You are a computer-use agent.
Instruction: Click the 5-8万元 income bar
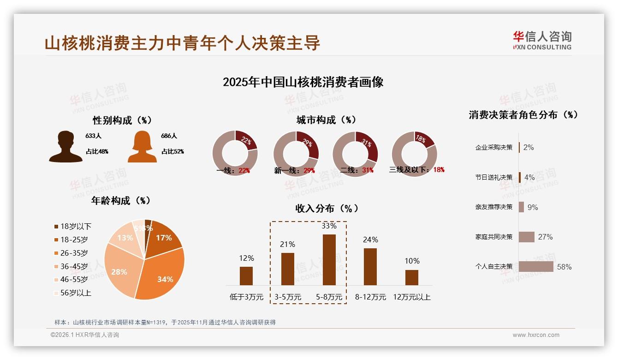329,260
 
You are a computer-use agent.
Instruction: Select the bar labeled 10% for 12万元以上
411,277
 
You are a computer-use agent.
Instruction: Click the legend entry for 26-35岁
74,253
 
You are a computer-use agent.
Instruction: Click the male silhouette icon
66,146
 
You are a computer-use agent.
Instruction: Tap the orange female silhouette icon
142,146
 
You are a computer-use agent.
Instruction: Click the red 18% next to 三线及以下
439,170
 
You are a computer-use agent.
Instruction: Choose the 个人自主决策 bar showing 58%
536,266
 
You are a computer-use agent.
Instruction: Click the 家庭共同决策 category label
494,237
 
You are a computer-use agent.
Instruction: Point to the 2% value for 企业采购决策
529,147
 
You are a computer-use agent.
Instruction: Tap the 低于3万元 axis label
246,297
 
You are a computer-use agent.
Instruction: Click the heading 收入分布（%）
327,208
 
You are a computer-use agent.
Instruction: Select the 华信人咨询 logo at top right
542,40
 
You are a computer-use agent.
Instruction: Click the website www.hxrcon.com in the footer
536,335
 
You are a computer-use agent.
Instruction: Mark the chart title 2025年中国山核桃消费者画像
303,82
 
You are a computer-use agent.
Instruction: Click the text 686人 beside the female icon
169,136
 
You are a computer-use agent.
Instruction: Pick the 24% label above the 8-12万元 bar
370,240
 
